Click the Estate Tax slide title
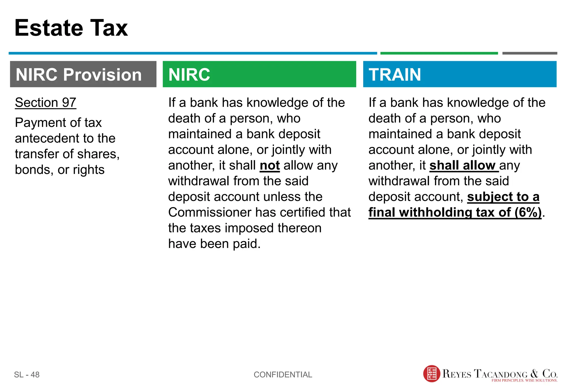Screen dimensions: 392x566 (71, 28)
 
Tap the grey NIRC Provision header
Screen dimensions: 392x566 (83, 74)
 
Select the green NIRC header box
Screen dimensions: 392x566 (259, 74)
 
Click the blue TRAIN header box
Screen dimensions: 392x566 (459, 74)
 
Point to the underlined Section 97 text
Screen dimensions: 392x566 (46, 103)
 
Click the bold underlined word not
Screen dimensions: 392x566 (269, 166)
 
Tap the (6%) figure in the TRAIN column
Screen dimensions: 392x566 (528, 213)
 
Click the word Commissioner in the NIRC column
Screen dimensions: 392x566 (209, 213)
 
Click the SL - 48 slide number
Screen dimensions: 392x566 (27, 375)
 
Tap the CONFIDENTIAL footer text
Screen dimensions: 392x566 (283, 375)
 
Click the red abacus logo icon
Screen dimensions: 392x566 (431, 374)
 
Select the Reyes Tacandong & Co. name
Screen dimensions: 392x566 (500, 373)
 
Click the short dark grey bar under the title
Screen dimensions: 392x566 (529, 53)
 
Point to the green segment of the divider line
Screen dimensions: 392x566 (439, 53)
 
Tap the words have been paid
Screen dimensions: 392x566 (214, 244)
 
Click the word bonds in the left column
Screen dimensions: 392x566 (34, 170)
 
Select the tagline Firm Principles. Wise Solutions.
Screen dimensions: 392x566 (524, 381)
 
